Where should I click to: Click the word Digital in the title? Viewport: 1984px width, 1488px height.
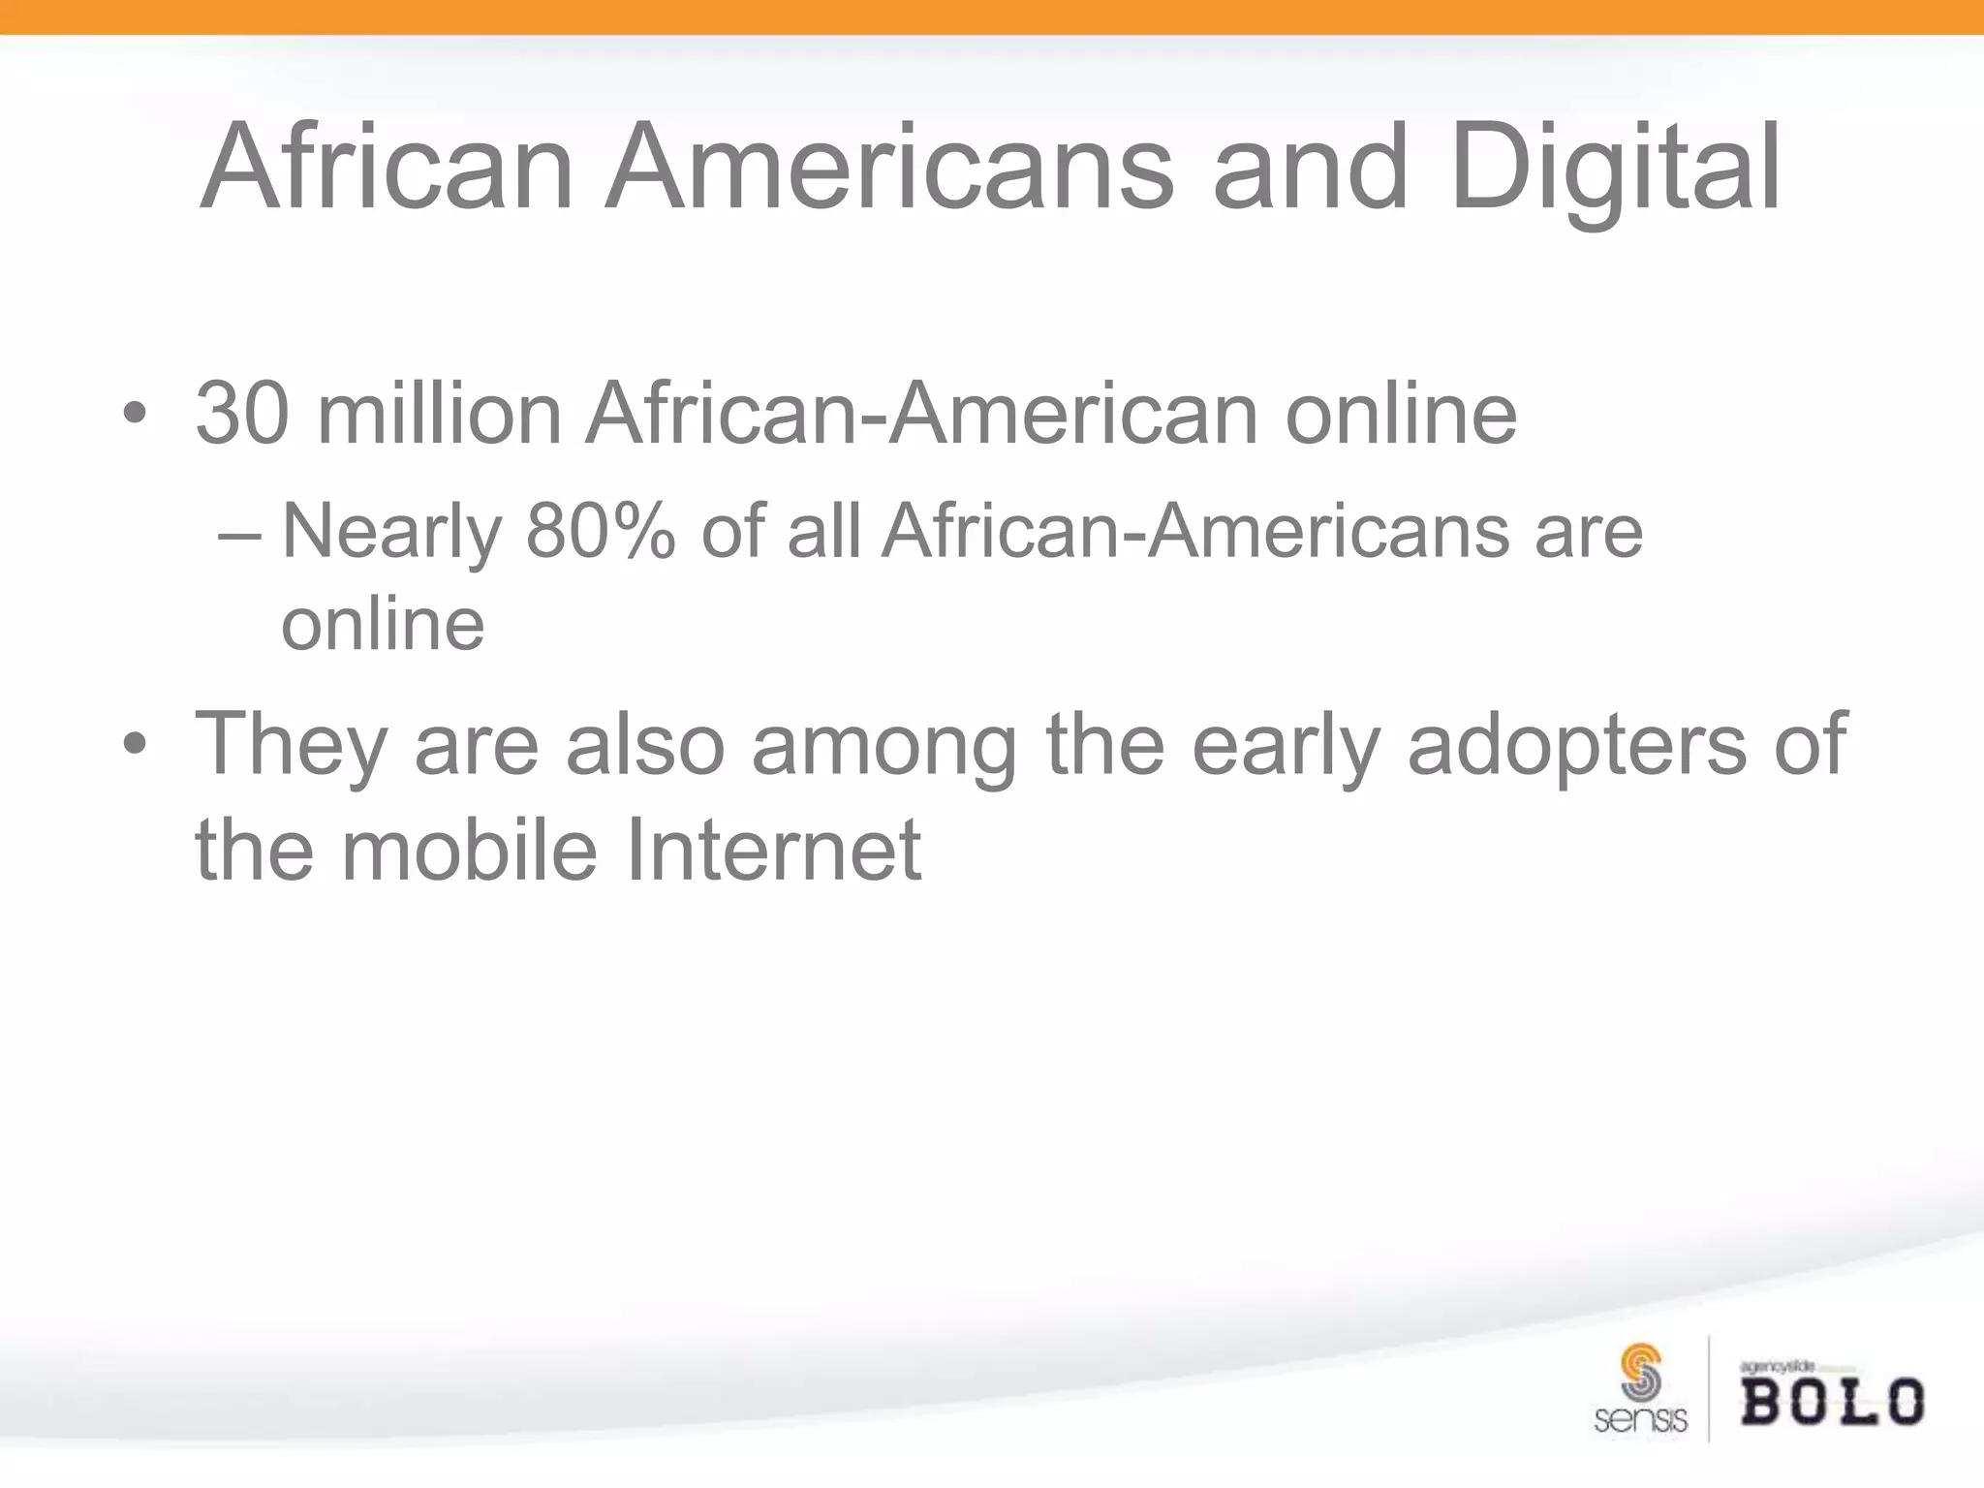coord(1615,170)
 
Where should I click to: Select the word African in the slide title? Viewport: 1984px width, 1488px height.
coord(386,170)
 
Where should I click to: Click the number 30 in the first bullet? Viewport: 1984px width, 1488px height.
coord(241,414)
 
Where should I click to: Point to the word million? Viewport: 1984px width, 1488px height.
coord(439,414)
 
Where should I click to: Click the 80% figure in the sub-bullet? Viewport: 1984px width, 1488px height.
coord(600,532)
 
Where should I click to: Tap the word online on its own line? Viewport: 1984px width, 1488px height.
coord(383,625)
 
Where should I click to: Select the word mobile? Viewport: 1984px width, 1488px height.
coord(469,851)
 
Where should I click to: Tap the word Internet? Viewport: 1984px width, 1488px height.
coord(772,851)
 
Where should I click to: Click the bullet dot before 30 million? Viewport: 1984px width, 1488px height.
coord(135,416)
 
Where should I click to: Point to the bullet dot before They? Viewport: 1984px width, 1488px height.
coord(135,745)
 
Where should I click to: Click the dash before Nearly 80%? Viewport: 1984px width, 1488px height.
coord(239,534)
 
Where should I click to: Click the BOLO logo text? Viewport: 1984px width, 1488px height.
coord(1832,1402)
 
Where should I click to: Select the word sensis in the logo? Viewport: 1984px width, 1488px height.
coord(1640,1420)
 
